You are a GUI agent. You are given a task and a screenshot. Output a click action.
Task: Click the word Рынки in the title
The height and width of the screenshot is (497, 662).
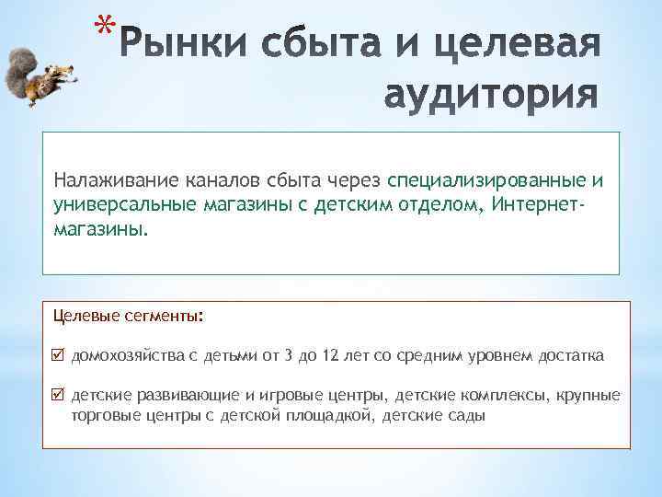[177, 43]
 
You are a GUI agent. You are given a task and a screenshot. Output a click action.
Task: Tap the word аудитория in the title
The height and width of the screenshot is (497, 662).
[490, 94]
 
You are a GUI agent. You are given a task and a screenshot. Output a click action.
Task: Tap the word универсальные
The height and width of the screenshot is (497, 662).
[120, 202]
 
